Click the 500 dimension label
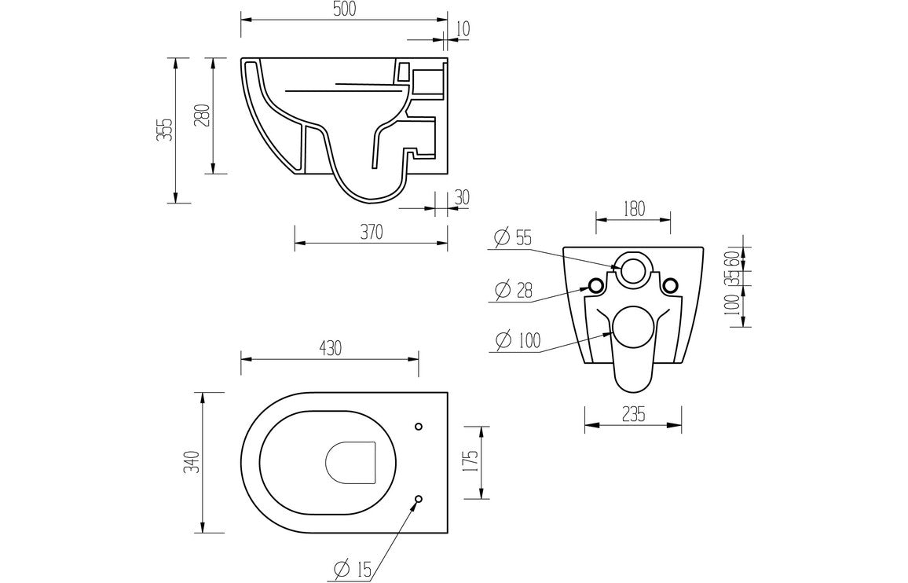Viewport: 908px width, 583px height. point(344,9)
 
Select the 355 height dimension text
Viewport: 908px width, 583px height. point(163,130)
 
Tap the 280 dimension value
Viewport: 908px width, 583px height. point(201,115)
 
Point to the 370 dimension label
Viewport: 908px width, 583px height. point(371,232)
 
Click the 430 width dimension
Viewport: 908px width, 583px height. point(330,348)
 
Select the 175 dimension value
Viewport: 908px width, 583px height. point(470,462)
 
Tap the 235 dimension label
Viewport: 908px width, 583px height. point(633,415)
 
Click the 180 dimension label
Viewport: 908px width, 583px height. point(633,209)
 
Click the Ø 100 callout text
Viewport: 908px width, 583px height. point(518,341)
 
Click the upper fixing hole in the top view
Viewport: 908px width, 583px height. point(418,427)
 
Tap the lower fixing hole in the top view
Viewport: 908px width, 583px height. point(418,498)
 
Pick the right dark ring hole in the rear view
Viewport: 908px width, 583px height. point(670,284)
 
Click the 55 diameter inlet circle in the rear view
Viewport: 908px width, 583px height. point(633,269)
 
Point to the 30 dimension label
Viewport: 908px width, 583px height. point(461,197)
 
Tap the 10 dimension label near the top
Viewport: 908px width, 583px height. point(463,29)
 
